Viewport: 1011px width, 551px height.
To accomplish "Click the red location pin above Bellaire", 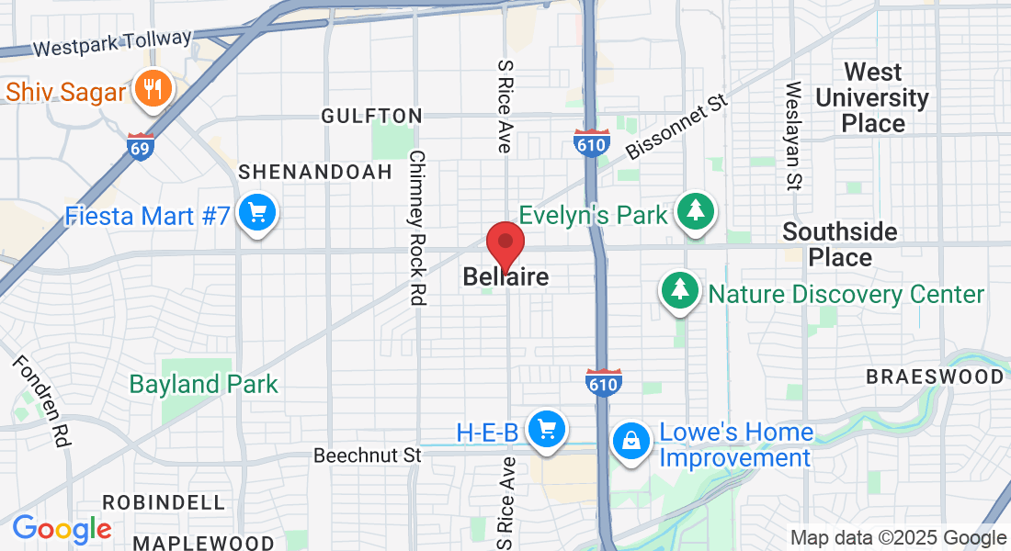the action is point(505,244).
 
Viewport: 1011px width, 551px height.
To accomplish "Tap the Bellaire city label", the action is point(505,276).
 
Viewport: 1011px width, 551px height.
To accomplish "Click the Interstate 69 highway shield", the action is point(141,147).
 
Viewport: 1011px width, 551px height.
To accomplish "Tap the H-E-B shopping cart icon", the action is point(548,429).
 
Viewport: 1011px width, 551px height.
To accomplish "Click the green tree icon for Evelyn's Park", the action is point(696,212).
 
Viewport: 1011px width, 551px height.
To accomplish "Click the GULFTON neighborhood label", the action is point(371,116).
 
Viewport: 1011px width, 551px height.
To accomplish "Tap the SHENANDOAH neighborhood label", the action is point(304,172).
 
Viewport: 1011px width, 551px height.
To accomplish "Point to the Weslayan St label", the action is point(792,135).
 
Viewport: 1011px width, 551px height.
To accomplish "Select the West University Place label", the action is point(872,97).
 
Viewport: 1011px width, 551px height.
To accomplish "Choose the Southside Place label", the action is point(839,244).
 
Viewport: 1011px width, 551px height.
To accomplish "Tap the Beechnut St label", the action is point(367,455).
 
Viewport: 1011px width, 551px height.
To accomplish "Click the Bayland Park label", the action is point(203,384).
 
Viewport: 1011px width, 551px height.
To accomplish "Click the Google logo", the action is point(62,530).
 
